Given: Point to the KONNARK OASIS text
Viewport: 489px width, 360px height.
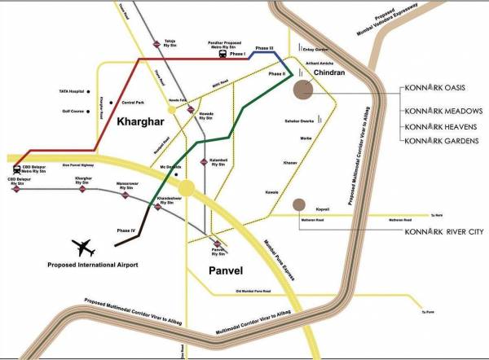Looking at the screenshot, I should (440, 89).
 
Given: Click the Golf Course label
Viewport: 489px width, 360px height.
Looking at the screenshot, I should (63, 111).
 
